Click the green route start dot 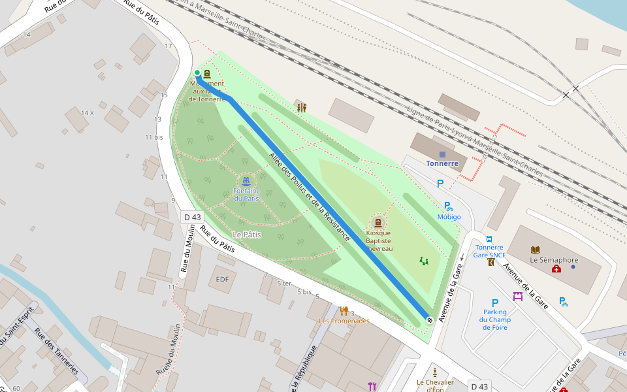pyautogui.click(x=197, y=73)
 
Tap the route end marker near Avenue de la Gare pyautogui.click(x=429, y=319)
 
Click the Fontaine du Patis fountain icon pyautogui.click(x=246, y=180)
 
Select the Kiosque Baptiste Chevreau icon pyautogui.click(x=378, y=223)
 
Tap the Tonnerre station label pyautogui.click(x=442, y=163)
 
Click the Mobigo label pyautogui.click(x=449, y=217)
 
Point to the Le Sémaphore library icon pyautogui.click(x=536, y=250)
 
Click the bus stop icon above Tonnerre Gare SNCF pyautogui.click(x=489, y=239)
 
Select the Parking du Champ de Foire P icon pyautogui.click(x=494, y=302)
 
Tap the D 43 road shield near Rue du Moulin pyautogui.click(x=193, y=217)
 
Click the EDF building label pyautogui.click(x=223, y=280)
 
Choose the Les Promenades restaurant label pyautogui.click(x=344, y=321)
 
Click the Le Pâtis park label pyautogui.click(x=247, y=234)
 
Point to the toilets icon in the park pyautogui.click(x=301, y=108)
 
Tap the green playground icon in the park pyautogui.click(x=425, y=261)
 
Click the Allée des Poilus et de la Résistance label pyautogui.click(x=310, y=196)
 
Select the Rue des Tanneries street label pyautogui.click(x=57, y=350)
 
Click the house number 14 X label pyautogui.click(x=88, y=112)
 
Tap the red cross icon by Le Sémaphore pyautogui.click(x=556, y=269)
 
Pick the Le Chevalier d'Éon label pyautogui.click(x=435, y=385)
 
